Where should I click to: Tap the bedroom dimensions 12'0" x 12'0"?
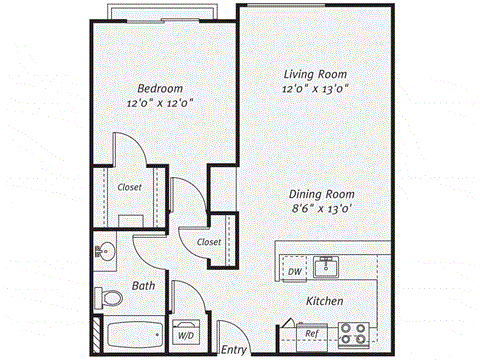[159, 101]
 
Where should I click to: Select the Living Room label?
[316, 73]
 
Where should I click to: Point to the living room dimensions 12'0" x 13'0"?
[316, 89]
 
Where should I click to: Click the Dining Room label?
[322, 194]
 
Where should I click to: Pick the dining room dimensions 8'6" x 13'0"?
[322, 210]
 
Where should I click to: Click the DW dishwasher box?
[294, 271]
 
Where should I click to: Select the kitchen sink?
[325, 267]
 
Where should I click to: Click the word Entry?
[233, 349]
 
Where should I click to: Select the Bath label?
[144, 286]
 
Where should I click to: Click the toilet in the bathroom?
[106, 297]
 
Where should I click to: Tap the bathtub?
[129, 334]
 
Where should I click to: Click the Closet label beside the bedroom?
[129, 187]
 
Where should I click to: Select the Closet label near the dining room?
[209, 242]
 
